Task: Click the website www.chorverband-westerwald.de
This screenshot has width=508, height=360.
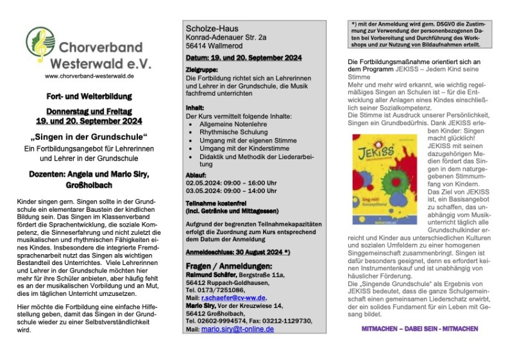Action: click(89, 76)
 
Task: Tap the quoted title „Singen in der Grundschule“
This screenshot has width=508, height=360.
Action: click(89, 139)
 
